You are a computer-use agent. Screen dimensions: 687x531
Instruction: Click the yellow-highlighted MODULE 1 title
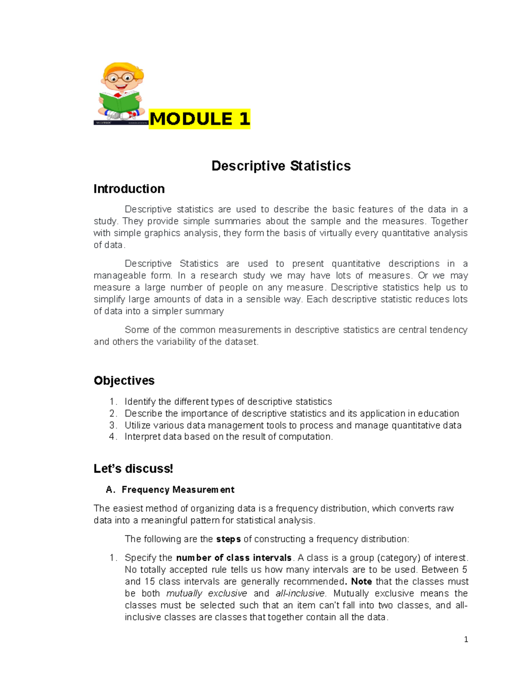click(200, 119)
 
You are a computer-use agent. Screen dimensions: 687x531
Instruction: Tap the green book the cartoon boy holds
click(119, 102)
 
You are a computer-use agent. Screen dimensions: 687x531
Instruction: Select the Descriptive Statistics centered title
click(281, 166)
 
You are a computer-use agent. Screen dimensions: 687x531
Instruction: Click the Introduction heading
click(129, 189)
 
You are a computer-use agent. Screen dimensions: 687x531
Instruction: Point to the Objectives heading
click(124, 381)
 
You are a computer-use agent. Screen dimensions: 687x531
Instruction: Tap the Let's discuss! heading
click(133, 469)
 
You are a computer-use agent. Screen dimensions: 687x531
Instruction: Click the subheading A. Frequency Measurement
click(170, 490)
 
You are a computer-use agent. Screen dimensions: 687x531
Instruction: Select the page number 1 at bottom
click(466, 639)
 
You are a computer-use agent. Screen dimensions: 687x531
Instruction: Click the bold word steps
click(228, 539)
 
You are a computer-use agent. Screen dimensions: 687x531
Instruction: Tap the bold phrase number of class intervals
click(234, 558)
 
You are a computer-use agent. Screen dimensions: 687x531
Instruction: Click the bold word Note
click(361, 582)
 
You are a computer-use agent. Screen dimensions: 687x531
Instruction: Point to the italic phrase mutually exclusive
click(207, 594)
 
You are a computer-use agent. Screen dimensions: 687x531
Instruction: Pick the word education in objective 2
click(439, 414)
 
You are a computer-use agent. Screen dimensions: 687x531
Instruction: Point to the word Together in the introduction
click(449, 221)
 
